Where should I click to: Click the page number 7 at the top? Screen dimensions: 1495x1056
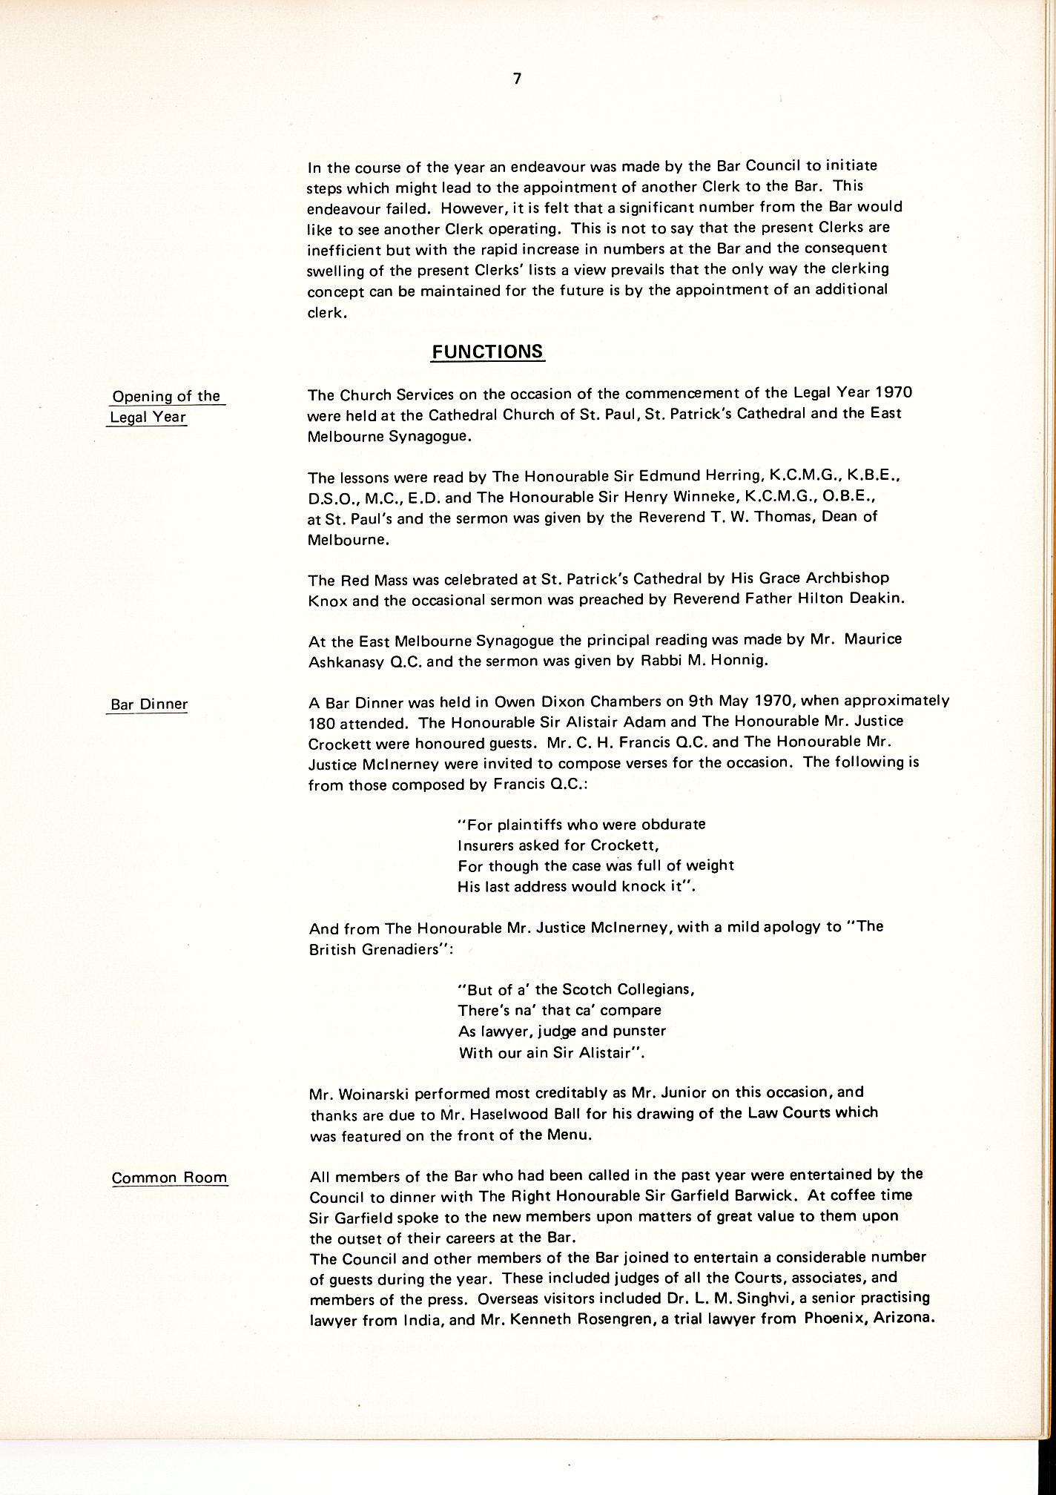517,79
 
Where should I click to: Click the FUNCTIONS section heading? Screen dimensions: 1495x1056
488,352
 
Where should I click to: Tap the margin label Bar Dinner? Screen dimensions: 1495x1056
148,704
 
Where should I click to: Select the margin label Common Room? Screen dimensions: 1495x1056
169,1178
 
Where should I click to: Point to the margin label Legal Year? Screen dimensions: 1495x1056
148,417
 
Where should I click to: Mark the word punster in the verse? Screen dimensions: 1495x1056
632,1031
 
